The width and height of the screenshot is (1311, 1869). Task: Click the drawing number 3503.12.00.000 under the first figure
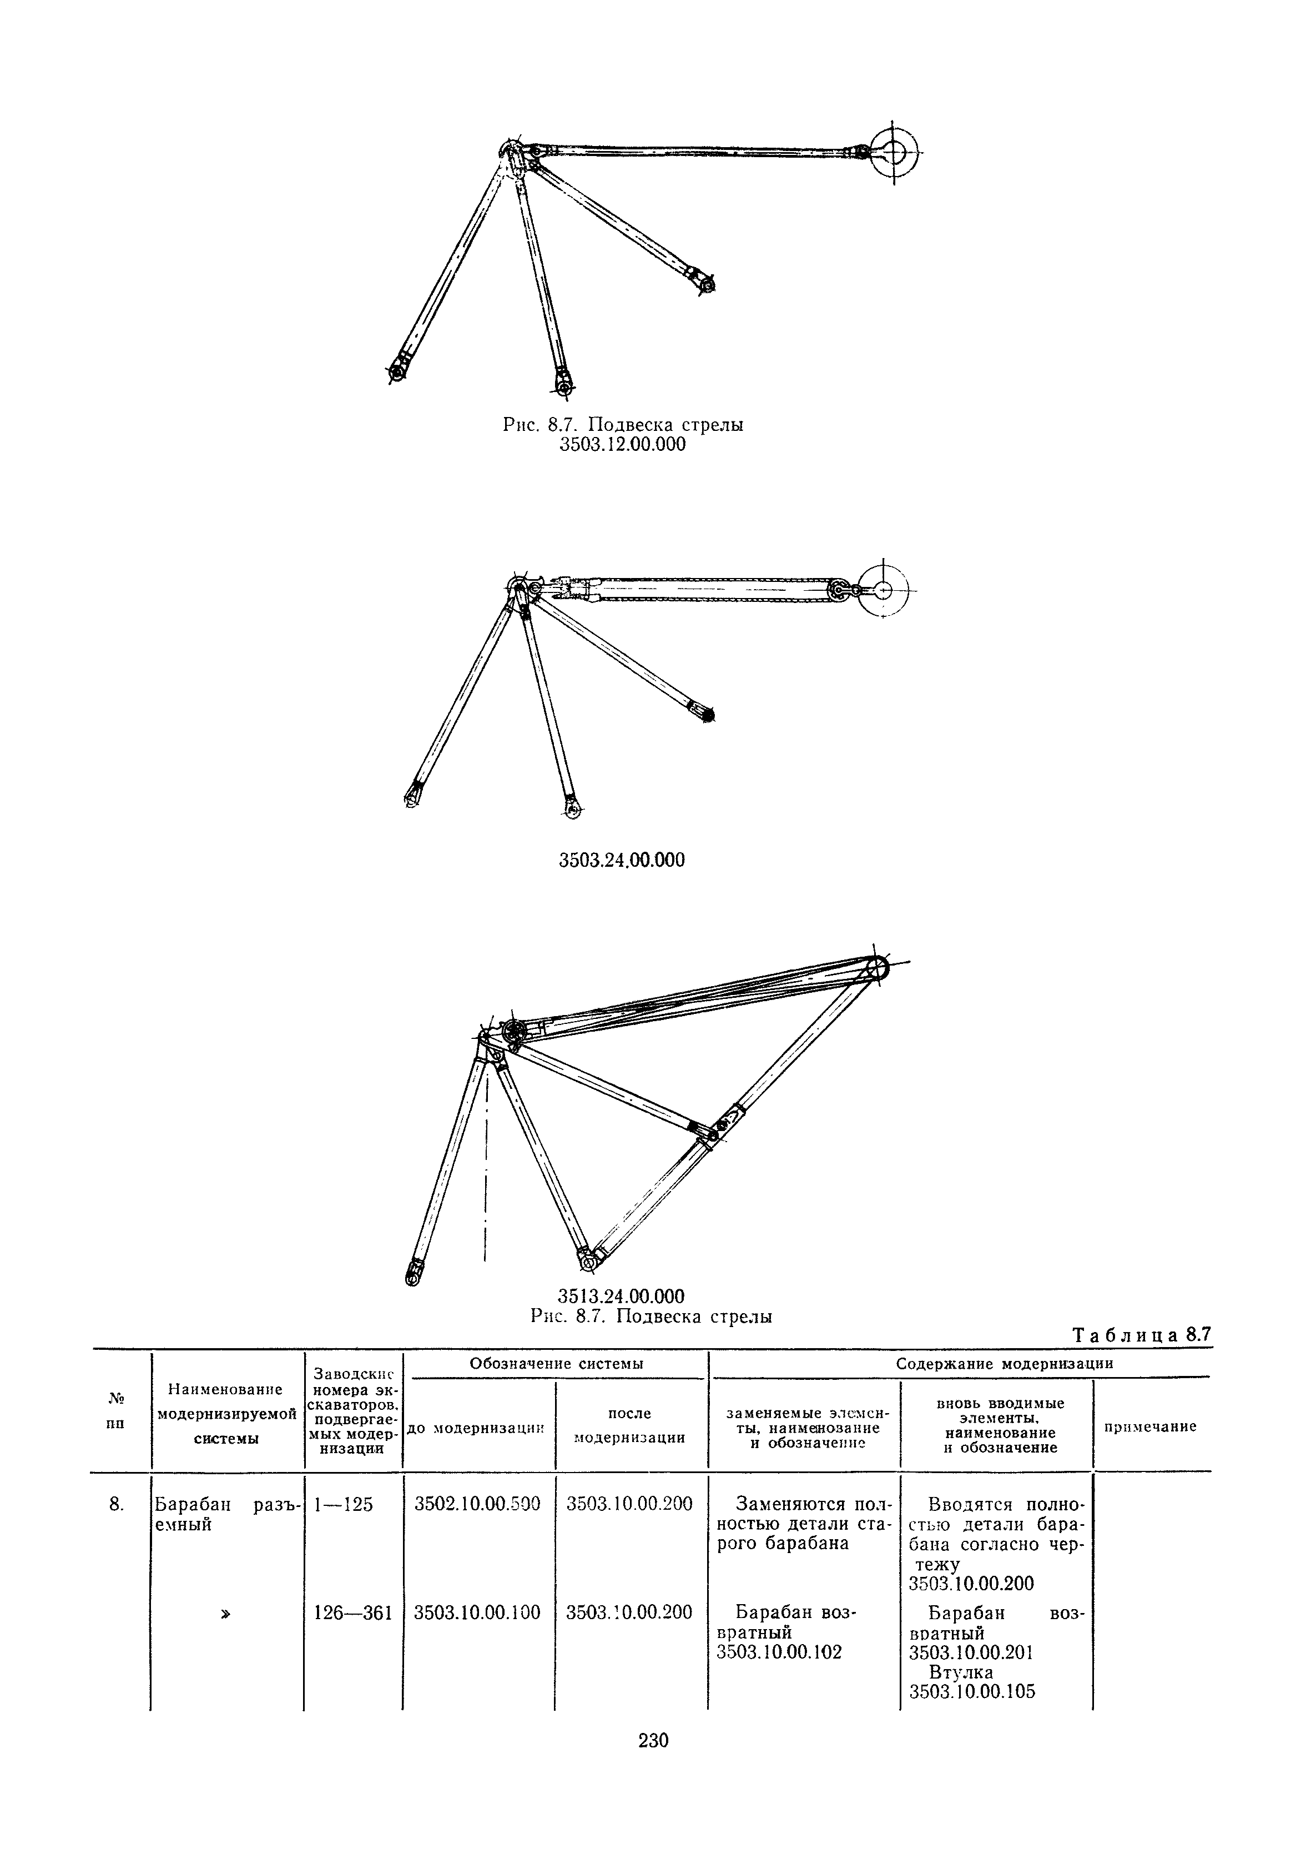[x=622, y=444]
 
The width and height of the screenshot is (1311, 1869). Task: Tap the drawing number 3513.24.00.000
[x=622, y=1295]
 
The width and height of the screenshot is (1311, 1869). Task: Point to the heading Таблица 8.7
[x=1142, y=1334]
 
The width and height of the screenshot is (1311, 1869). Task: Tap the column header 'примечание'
[x=1150, y=1426]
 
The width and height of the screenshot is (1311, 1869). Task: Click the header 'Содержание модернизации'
[x=1004, y=1364]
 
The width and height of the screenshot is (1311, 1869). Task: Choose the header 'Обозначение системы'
[x=557, y=1364]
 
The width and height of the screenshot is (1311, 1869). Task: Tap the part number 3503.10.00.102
[x=779, y=1652]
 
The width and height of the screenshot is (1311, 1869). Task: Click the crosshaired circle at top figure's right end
[x=894, y=152]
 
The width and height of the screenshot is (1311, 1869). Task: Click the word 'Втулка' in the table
[x=960, y=1672]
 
